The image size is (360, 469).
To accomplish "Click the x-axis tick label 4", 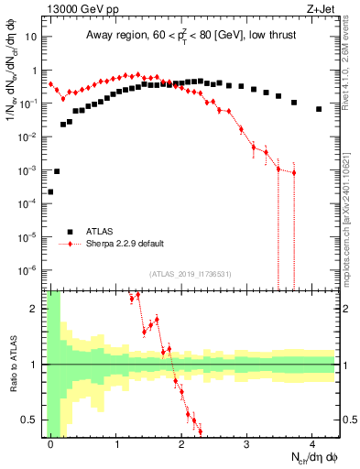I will coord(312,442).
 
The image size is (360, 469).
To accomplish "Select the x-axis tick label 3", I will coord(247,442).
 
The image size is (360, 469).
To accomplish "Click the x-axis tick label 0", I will coord(50,442).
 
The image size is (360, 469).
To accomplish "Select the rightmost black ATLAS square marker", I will coord(319,109).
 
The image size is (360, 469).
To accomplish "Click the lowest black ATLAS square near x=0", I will coord(50,191).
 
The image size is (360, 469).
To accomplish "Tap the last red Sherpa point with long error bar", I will coord(294,172).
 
